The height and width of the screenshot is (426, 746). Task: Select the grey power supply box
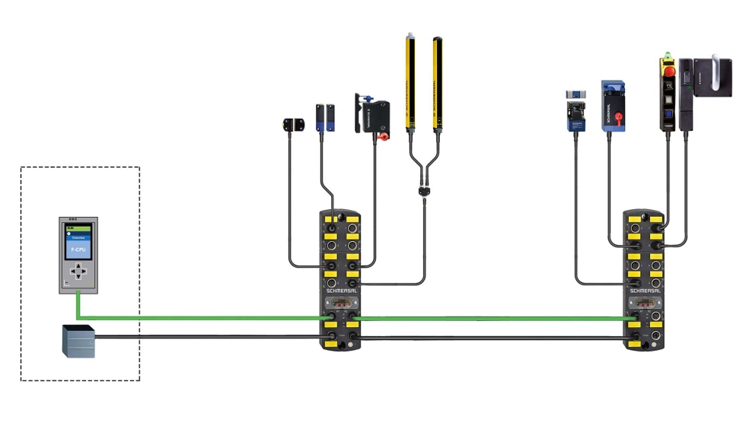pos(78,340)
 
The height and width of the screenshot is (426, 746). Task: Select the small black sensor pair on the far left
pos(293,125)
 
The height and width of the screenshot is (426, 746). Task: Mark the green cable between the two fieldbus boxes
pos(487,318)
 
